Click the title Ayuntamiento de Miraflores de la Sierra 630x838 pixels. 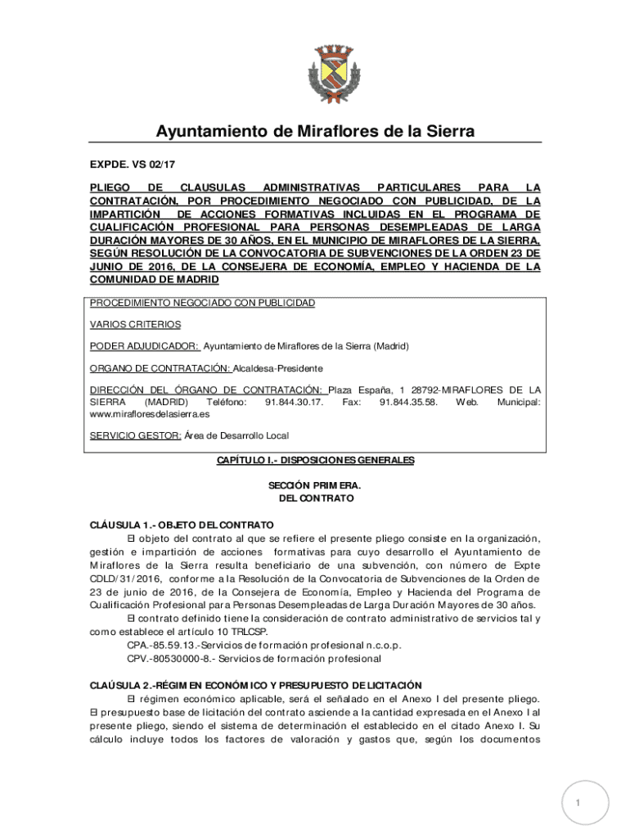point(315,132)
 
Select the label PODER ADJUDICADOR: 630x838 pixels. point(144,346)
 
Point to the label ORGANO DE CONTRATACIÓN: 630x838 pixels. point(160,368)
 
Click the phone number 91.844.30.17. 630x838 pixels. point(295,403)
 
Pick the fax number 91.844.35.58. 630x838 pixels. point(408,403)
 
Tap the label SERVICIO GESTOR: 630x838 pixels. point(135,435)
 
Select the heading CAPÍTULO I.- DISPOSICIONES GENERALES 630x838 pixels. point(315,461)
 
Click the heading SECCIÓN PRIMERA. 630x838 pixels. point(315,486)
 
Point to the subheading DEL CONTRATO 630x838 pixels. point(315,498)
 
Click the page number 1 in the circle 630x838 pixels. point(578,803)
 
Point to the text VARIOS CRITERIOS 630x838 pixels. point(135,324)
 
